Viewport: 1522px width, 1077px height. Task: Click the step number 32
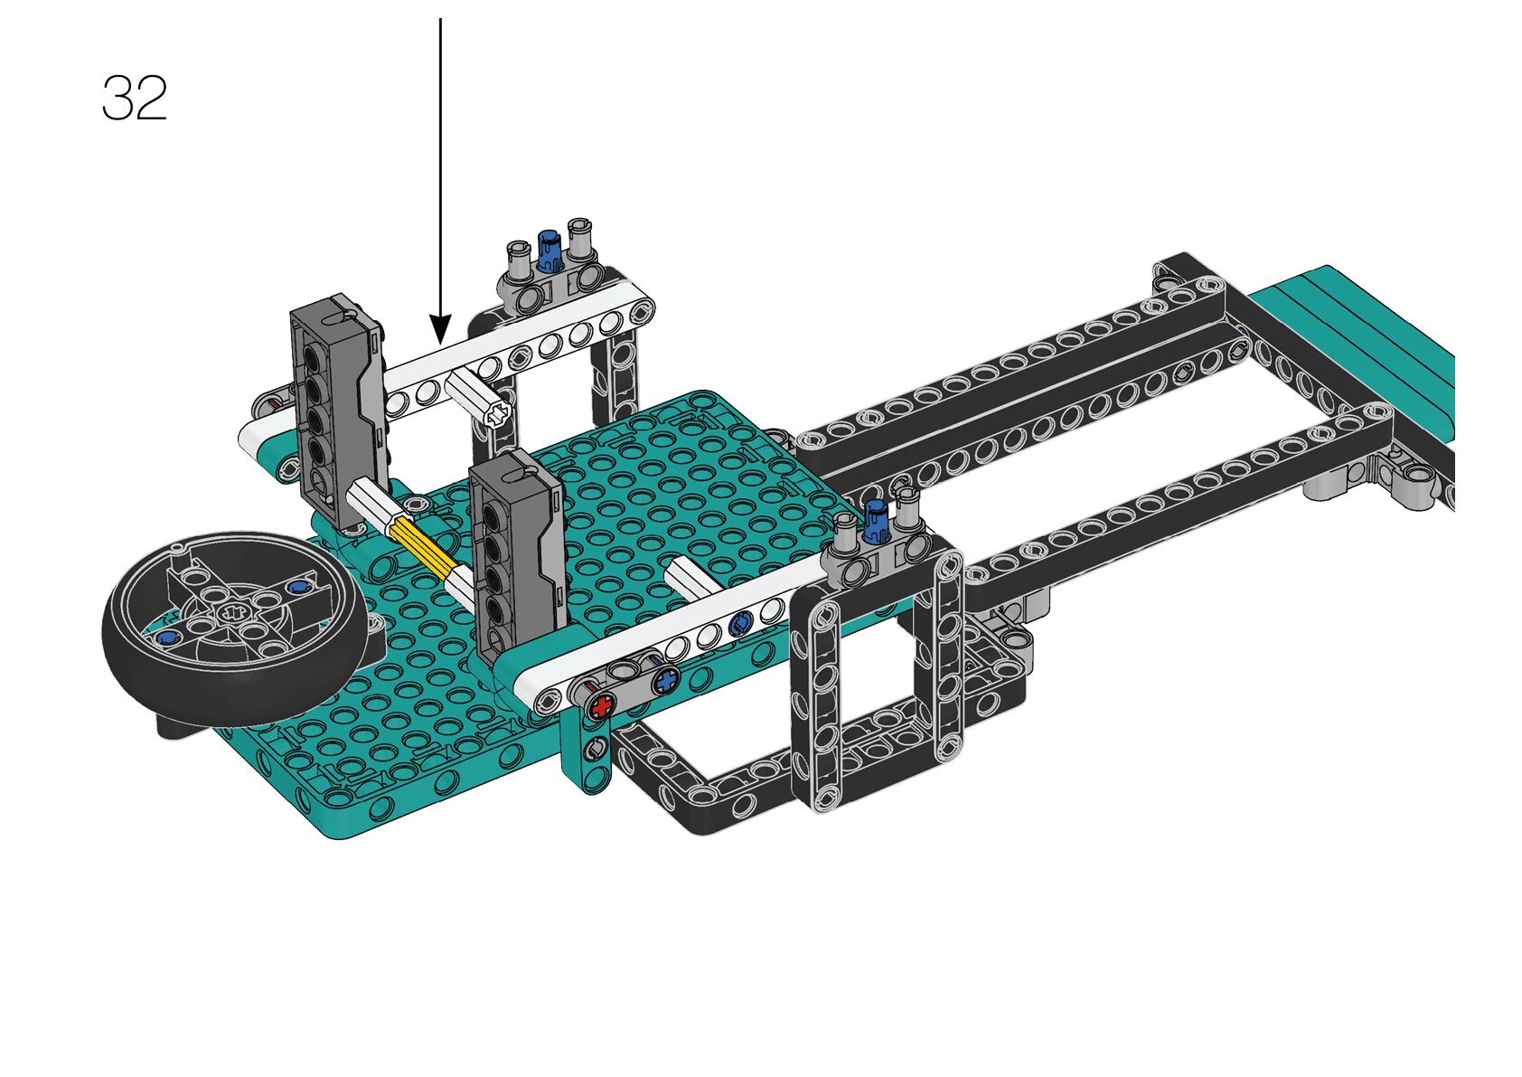135,98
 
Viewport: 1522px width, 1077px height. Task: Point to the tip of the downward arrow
440,344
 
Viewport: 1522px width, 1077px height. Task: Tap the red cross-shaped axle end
601,706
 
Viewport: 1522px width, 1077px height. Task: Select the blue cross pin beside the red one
667,680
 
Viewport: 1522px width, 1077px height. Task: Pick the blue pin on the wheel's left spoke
164,638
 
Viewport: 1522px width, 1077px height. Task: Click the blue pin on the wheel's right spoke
297,586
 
